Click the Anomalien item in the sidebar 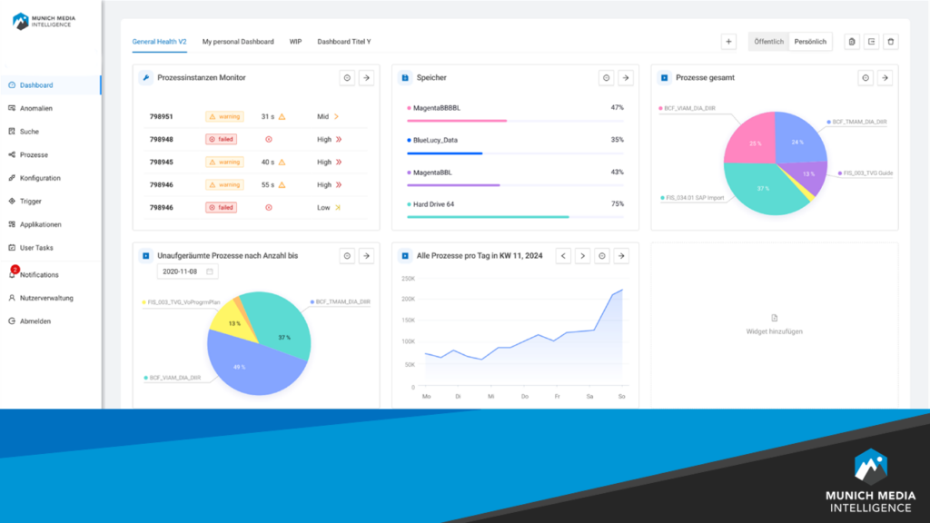[x=36, y=108]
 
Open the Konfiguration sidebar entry [x=40, y=178]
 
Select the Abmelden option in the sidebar [x=35, y=321]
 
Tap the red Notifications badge [x=15, y=269]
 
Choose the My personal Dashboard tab [x=237, y=42]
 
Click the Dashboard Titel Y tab [x=343, y=42]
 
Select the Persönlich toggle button [x=810, y=42]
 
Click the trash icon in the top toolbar [x=890, y=42]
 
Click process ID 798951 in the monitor [x=162, y=116]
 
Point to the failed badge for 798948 [x=221, y=139]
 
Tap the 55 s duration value [x=268, y=184]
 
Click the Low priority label [x=324, y=207]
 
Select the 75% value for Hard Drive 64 [x=617, y=204]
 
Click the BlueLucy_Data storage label [x=435, y=140]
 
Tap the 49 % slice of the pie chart [x=241, y=366]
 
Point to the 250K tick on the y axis [x=408, y=278]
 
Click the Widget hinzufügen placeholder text [x=774, y=332]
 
